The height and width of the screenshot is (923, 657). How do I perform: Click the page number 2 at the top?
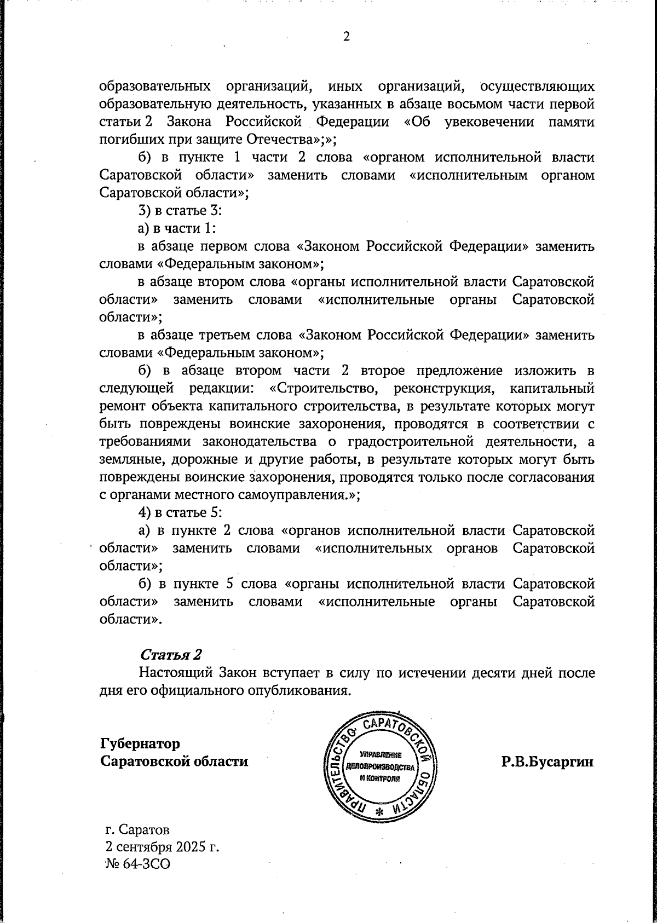(x=346, y=37)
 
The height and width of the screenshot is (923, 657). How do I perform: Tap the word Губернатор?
(x=140, y=744)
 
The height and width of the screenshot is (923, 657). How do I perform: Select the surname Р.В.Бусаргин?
(x=547, y=762)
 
